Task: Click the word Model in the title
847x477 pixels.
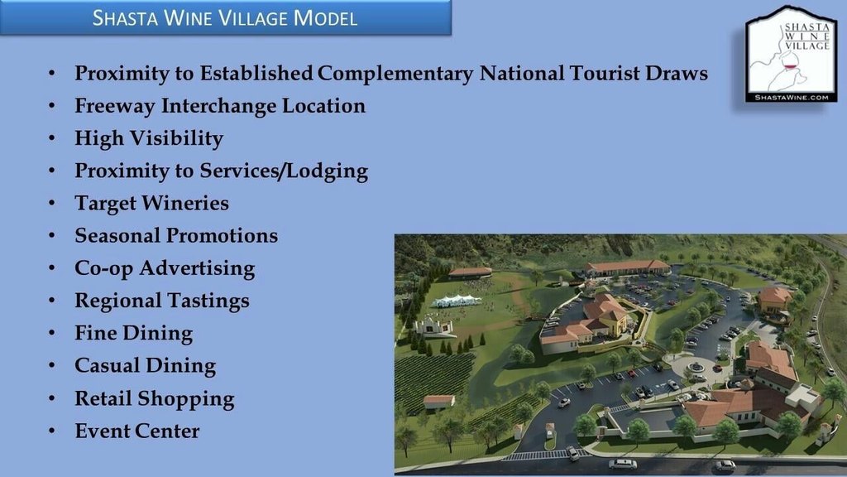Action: coord(325,18)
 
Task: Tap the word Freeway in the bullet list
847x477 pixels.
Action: coord(114,106)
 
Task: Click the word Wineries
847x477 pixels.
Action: coord(185,203)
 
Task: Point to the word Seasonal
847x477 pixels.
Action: coord(117,235)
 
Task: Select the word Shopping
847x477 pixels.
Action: coord(186,399)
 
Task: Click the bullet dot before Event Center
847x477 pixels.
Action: coord(52,431)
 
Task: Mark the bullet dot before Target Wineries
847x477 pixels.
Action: coord(52,204)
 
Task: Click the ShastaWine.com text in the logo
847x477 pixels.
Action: coord(792,98)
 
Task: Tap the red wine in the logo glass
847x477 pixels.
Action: coord(791,68)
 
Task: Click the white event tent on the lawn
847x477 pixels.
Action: coord(457,301)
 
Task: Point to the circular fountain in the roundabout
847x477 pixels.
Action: coord(696,367)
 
